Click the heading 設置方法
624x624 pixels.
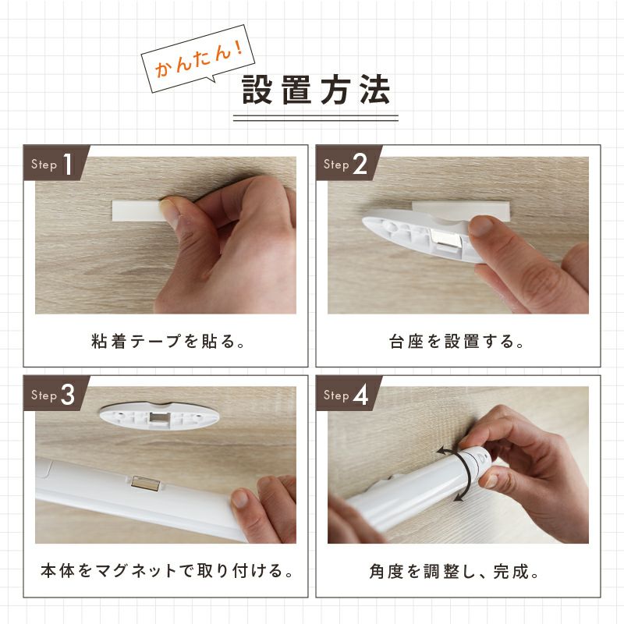317,90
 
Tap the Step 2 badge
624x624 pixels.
349,163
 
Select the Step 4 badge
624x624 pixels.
349,394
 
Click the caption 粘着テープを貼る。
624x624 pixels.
168,342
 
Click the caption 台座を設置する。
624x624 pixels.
457,342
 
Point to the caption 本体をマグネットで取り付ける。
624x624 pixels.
167,571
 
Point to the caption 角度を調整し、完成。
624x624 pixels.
455,572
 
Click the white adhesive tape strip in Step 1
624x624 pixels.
136,211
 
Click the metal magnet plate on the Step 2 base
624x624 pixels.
445,238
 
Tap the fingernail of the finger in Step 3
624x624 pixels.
240,498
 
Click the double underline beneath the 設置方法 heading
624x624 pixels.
316,119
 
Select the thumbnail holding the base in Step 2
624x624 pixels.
481,225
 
